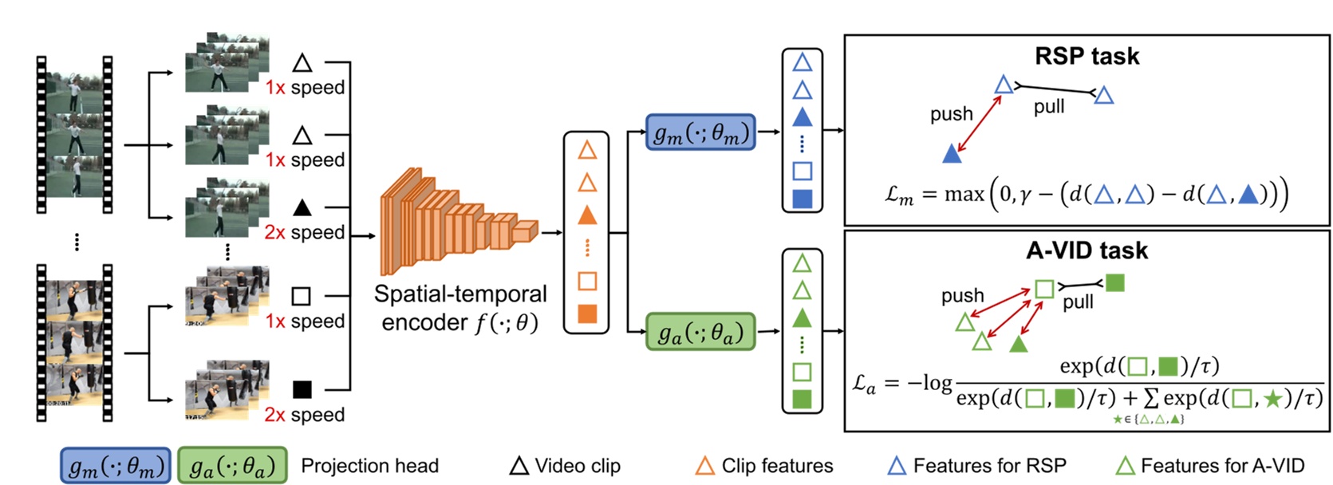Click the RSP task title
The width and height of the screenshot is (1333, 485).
pyautogui.click(x=1087, y=56)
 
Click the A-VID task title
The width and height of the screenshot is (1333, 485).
pyautogui.click(x=1087, y=250)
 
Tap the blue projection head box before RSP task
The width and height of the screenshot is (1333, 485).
pyautogui.click(x=700, y=132)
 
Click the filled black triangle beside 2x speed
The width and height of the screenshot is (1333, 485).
pyautogui.click(x=302, y=208)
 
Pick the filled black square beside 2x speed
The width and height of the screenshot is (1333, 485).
pyautogui.click(x=302, y=389)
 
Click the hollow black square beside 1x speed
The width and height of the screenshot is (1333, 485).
pyautogui.click(x=301, y=297)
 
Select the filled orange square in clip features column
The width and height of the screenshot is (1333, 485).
pyautogui.click(x=587, y=313)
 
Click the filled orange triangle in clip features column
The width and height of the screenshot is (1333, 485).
pyautogui.click(x=587, y=215)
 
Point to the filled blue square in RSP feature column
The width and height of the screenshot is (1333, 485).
pyautogui.click(x=803, y=199)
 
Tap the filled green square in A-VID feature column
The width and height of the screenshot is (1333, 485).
pyautogui.click(x=803, y=398)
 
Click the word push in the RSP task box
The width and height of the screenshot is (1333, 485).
pyautogui.click(x=951, y=114)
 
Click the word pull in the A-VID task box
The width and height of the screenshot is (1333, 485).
pyautogui.click(x=1078, y=302)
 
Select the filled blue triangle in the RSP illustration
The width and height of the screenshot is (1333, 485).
pyautogui.click(x=952, y=154)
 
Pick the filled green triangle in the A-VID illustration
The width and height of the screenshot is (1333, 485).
pyautogui.click(x=1018, y=344)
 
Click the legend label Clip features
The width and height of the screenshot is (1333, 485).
pyautogui.click(x=777, y=466)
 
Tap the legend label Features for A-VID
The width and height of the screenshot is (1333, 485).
pyautogui.click(x=1222, y=466)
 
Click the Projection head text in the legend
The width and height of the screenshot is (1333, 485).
pyautogui.click(x=369, y=466)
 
